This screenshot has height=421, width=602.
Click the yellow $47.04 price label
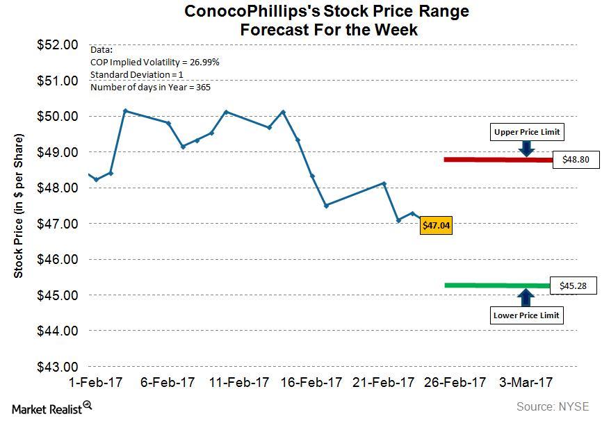click(x=436, y=225)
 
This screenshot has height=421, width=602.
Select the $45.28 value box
click(x=573, y=285)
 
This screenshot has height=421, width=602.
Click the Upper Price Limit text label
click(x=526, y=132)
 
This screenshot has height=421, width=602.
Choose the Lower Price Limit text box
click(x=526, y=315)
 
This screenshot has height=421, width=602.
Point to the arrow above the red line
click(x=527, y=147)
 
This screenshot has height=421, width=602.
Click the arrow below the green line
click(x=526, y=297)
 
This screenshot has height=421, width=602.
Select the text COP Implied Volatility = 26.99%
click(x=154, y=62)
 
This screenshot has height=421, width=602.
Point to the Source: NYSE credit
click(x=552, y=406)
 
